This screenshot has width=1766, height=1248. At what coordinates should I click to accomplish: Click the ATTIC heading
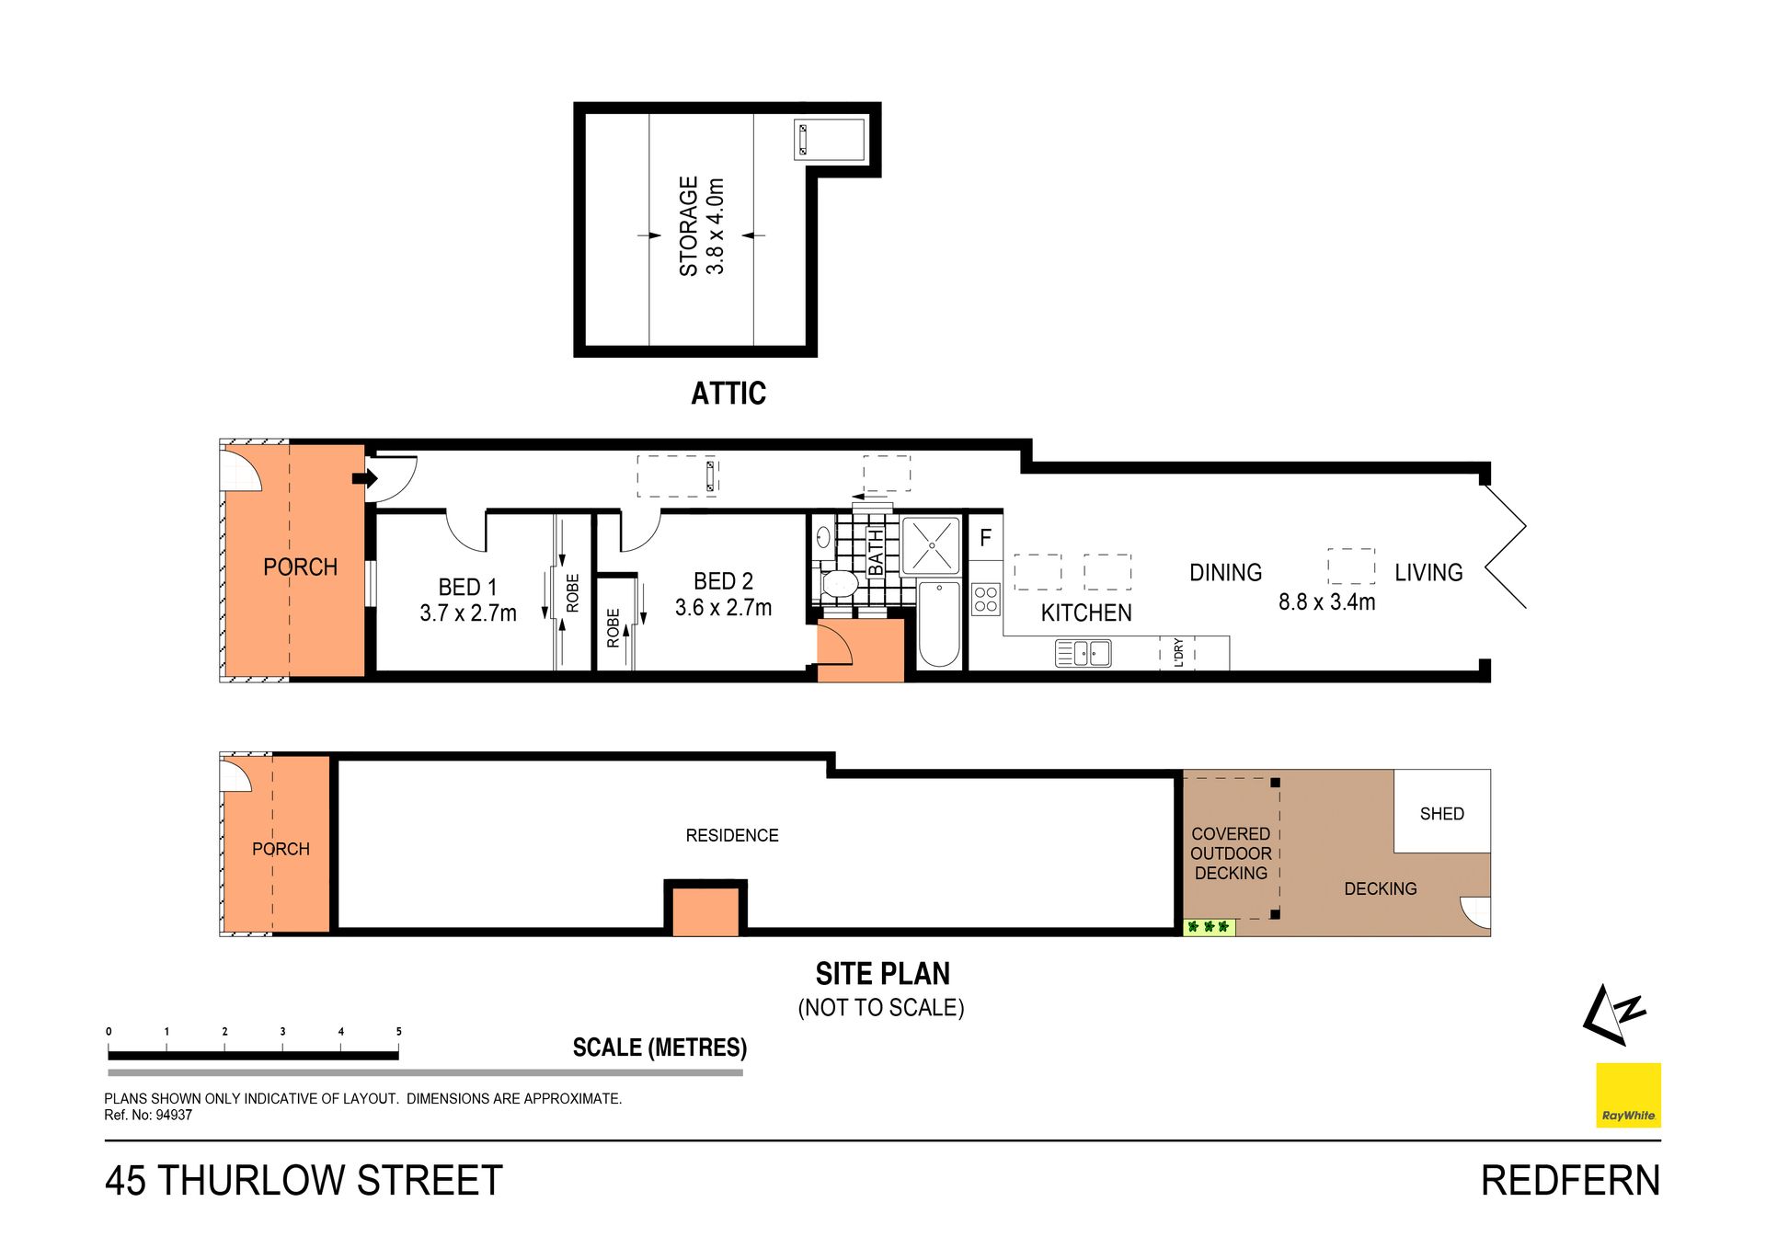[728, 394]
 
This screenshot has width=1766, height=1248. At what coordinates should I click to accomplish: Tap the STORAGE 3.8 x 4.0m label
[702, 226]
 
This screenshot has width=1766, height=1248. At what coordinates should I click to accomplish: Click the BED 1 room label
[468, 600]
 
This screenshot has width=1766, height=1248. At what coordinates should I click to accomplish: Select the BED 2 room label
[723, 594]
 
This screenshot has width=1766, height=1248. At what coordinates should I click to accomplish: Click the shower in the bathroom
[931, 545]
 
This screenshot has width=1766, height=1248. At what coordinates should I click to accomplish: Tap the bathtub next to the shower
[939, 624]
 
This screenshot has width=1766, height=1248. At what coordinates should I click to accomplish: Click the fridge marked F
[986, 537]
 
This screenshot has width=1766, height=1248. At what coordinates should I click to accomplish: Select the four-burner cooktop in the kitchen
[986, 599]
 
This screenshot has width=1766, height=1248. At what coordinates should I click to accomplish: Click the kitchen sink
[1083, 654]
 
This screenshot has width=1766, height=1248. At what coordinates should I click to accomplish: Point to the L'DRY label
[1178, 652]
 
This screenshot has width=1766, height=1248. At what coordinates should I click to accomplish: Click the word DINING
[1225, 573]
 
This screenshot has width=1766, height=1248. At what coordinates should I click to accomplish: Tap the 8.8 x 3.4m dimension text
[1326, 602]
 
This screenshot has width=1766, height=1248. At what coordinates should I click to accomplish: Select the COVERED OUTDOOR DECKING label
[1231, 853]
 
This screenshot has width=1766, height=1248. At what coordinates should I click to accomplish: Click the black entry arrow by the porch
[365, 478]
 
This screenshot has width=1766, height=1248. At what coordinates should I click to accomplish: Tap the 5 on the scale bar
[398, 1032]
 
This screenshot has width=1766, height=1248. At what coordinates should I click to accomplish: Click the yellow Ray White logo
[1628, 1095]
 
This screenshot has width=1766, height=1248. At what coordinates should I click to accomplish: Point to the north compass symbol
[1614, 1015]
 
